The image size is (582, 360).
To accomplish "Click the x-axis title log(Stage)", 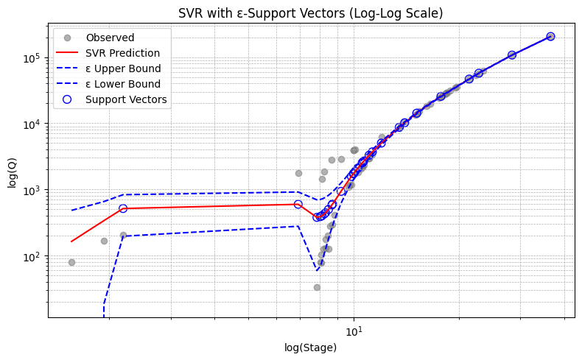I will (x=310, y=347).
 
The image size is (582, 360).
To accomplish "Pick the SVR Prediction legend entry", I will (x=122, y=53).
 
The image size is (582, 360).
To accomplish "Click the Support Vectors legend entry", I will (x=126, y=99).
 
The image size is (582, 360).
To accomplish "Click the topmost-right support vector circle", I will (x=550, y=36).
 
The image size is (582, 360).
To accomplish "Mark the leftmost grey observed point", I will (x=71, y=262).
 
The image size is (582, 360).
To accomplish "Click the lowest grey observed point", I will (x=317, y=287).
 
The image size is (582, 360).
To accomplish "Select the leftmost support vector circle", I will (x=123, y=208).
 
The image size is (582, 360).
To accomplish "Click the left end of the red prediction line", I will (x=71, y=241).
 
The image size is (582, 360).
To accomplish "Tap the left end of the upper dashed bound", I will (x=71, y=211).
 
